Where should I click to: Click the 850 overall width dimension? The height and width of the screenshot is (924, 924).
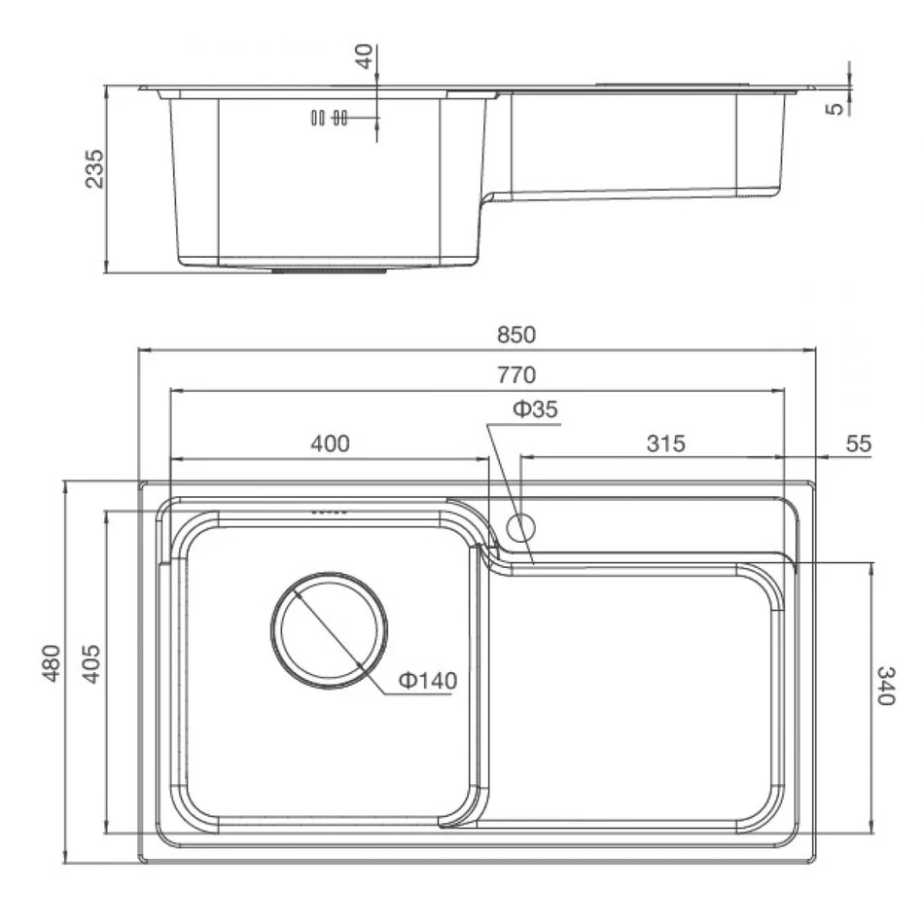(x=516, y=335)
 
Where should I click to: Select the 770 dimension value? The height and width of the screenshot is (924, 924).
(x=516, y=374)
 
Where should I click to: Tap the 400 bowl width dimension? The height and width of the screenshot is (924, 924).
(x=330, y=444)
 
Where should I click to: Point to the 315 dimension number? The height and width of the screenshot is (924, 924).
(x=666, y=444)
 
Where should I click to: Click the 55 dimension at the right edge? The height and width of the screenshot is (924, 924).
(x=858, y=444)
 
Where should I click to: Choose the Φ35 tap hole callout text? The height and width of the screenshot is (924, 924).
(x=535, y=409)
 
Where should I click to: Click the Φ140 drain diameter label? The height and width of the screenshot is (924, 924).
(x=428, y=681)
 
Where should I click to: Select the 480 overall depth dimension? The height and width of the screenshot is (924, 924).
(x=52, y=663)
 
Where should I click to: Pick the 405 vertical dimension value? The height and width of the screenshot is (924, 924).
(x=91, y=663)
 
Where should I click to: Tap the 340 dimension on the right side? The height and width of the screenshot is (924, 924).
(x=886, y=686)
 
